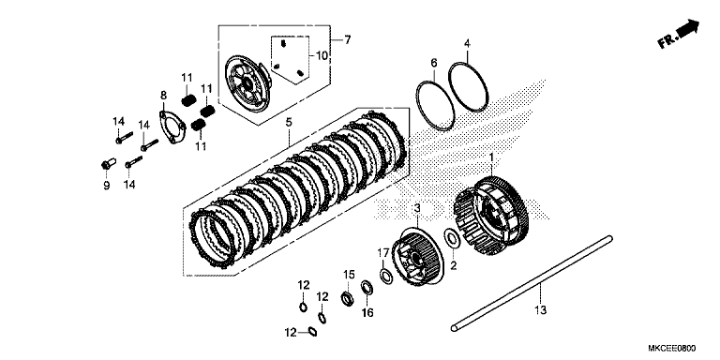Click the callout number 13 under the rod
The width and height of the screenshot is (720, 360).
pos(541,310)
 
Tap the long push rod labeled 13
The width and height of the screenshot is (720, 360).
pos(532,282)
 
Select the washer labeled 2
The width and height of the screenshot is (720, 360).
pos(452,239)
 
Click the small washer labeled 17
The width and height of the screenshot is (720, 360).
pos(386,277)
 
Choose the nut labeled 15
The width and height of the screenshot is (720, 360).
pos(347,299)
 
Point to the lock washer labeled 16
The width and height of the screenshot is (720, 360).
pos(367,288)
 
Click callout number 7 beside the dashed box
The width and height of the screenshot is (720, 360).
pos(347,40)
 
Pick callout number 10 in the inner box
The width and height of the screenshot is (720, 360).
pos(322,55)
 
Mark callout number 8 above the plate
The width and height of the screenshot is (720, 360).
pos(163,96)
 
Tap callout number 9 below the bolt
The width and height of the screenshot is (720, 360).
pos(107,186)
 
